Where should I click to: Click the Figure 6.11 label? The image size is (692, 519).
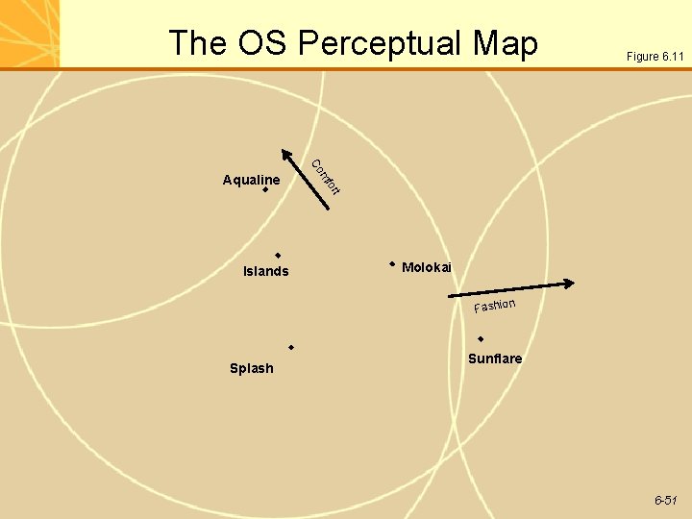(x=655, y=57)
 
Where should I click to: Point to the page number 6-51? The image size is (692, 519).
(x=666, y=501)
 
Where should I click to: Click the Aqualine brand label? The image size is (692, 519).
(x=251, y=180)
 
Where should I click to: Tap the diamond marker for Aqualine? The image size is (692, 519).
(x=265, y=190)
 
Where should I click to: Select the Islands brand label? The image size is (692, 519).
(x=266, y=271)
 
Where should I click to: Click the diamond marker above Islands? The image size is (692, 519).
(x=277, y=255)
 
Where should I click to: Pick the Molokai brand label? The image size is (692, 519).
(x=427, y=267)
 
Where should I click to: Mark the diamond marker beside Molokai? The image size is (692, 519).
(x=392, y=262)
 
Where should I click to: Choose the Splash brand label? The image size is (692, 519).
(x=252, y=368)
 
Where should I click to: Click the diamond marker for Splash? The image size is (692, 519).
(x=290, y=346)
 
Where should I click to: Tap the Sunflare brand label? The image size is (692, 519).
(x=495, y=358)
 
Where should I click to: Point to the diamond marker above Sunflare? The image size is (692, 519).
(x=481, y=338)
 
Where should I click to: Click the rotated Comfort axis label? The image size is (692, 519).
(x=327, y=175)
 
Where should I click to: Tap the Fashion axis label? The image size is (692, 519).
(x=494, y=306)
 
